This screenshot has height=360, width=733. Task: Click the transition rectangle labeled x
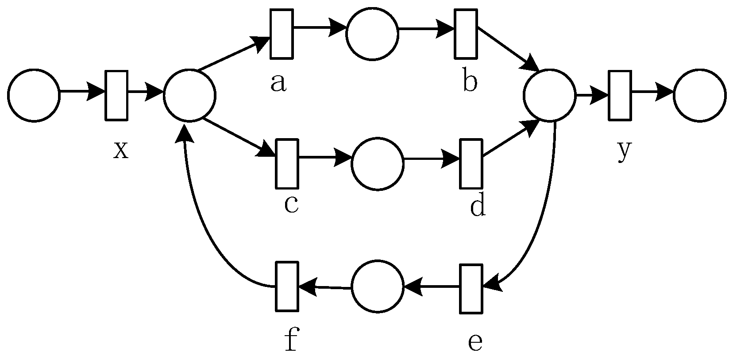(x=116, y=95)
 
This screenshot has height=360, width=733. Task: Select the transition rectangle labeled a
(x=282, y=34)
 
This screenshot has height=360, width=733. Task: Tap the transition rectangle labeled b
(x=466, y=34)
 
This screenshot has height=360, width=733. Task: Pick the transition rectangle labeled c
(x=287, y=163)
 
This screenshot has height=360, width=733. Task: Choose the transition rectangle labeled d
(x=471, y=163)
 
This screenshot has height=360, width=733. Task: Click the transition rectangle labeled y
(x=620, y=95)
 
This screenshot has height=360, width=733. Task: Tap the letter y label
(x=624, y=151)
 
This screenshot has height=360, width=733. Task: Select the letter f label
(x=290, y=341)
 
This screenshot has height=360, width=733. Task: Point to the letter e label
(x=475, y=342)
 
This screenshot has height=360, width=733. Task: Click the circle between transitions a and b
(x=372, y=34)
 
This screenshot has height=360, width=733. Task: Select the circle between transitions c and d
(x=378, y=164)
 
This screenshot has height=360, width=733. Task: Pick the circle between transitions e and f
(x=378, y=287)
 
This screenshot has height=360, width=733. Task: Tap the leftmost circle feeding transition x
(x=34, y=95)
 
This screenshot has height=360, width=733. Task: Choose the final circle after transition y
(x=700, y=95)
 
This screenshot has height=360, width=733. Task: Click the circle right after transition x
(x=189, y=95)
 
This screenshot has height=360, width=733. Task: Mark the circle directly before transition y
(x=549, y=95)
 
